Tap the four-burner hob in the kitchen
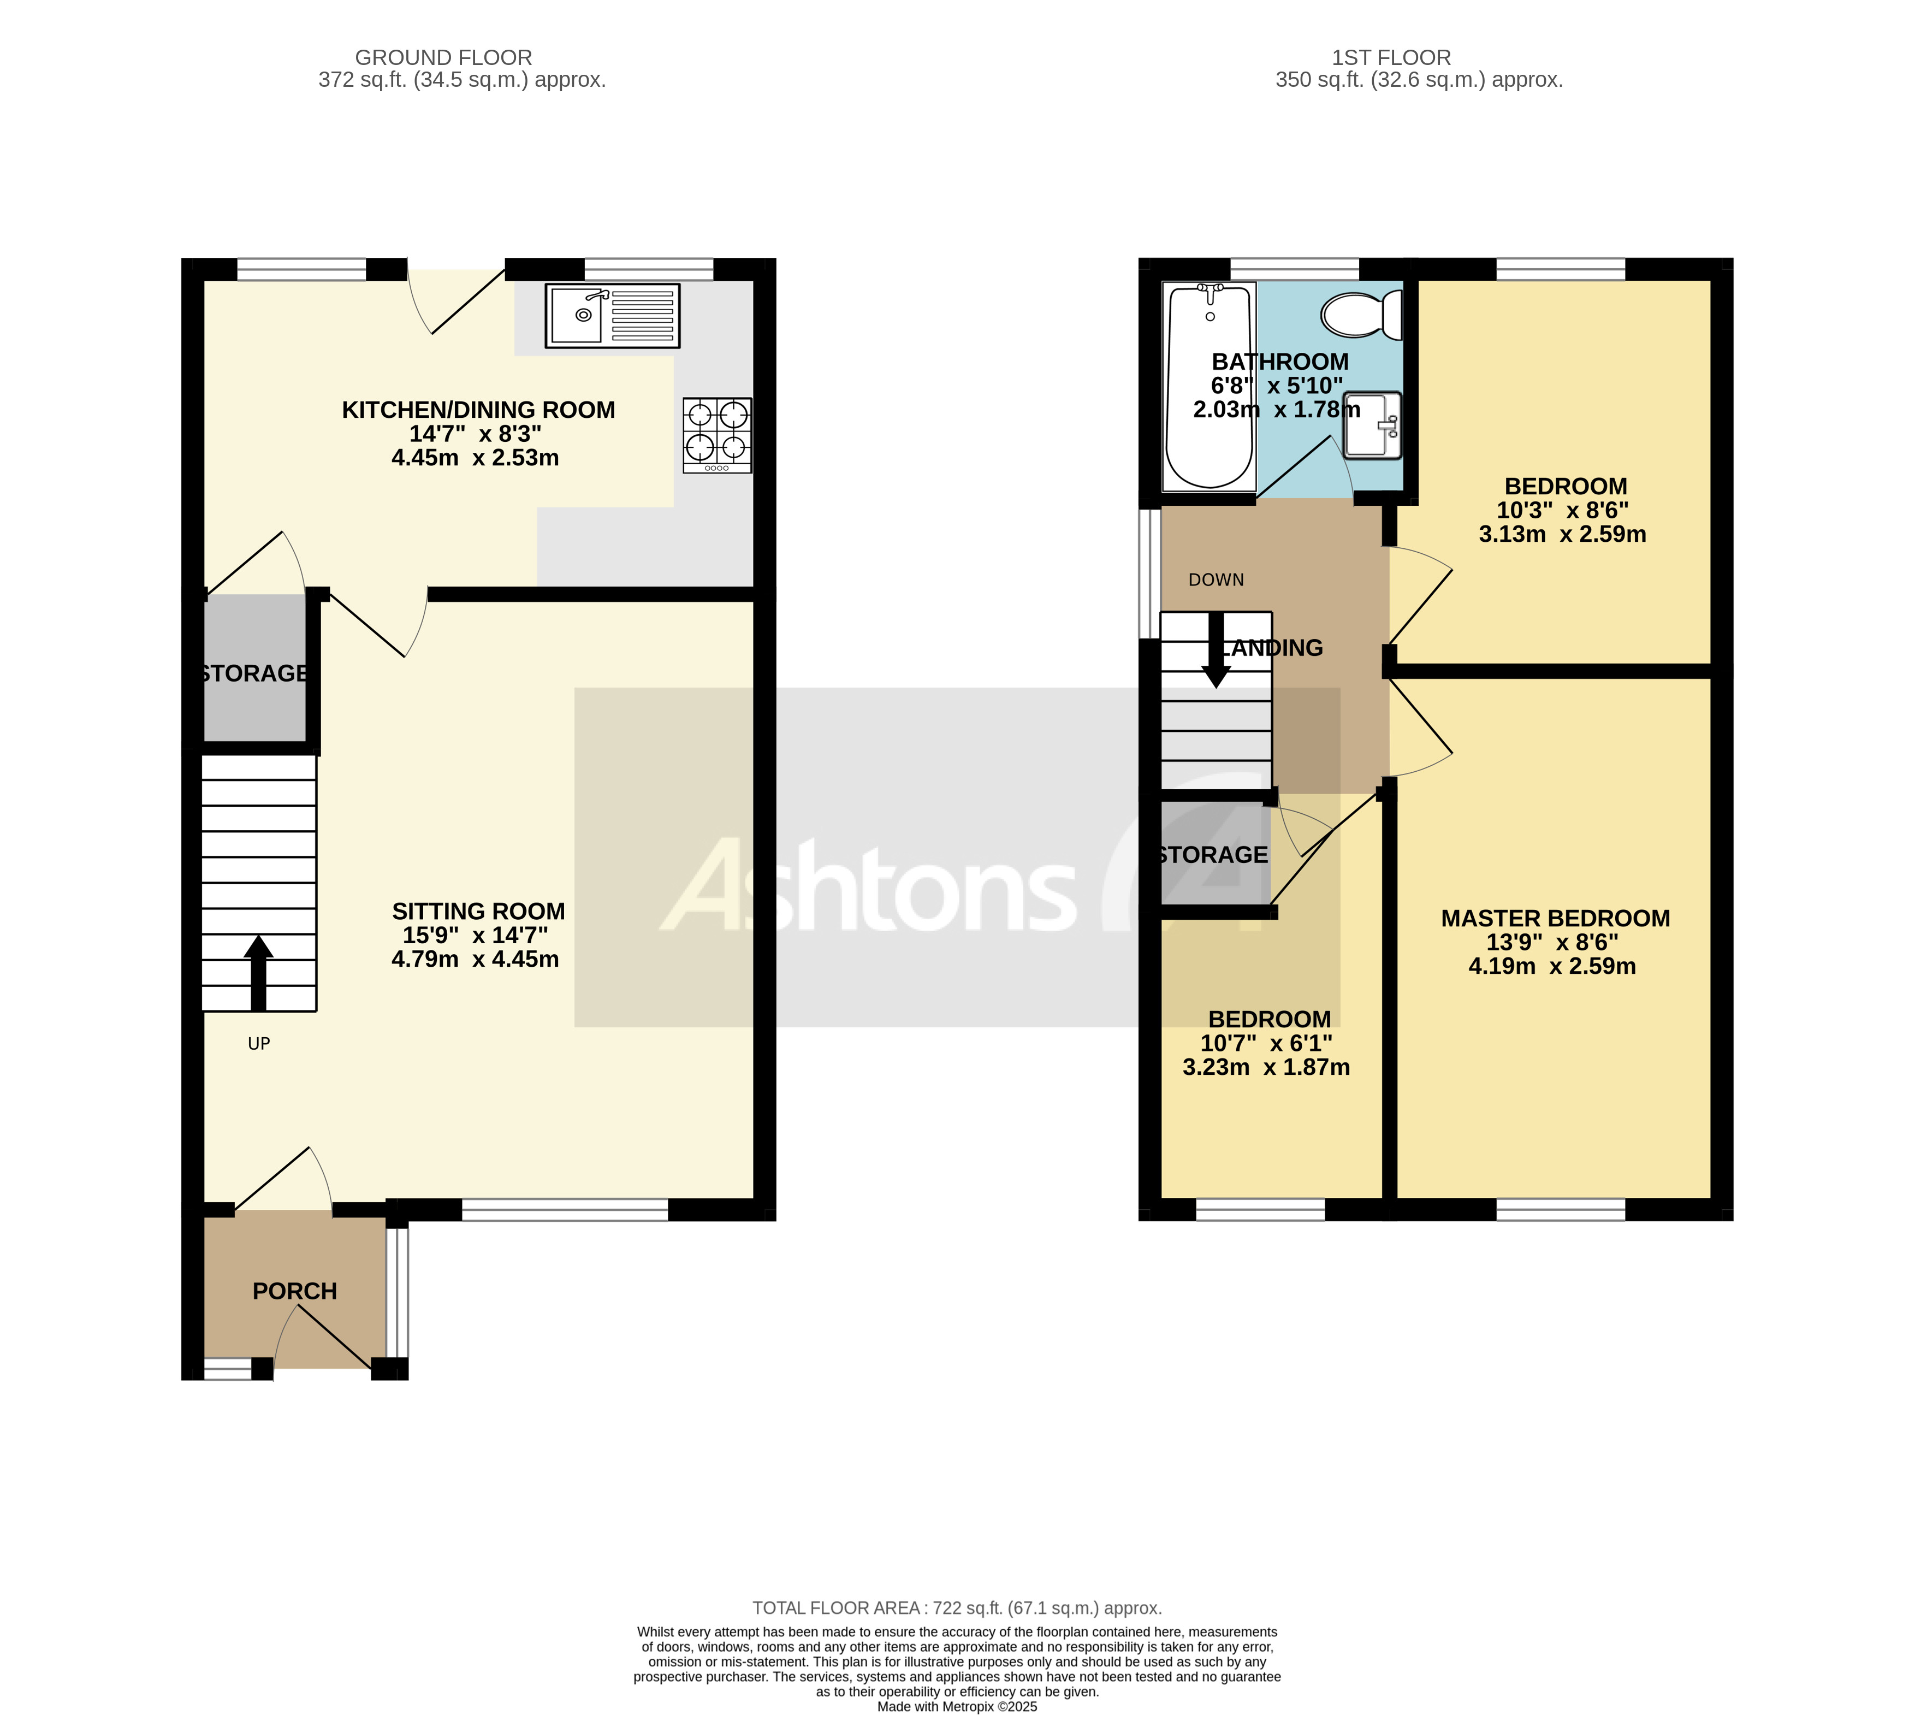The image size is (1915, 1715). pos(717,434)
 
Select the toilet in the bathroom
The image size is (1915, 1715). pos(1362,315)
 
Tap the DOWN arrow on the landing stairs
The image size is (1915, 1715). pos(1215,650)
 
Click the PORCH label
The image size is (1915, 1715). pos(295,1291)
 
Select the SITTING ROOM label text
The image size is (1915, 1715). pos(478,911)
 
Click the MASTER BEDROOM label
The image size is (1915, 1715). pos(1555,918)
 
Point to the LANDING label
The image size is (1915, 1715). pos(1273,648)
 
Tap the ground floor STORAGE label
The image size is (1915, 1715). pos(254,673)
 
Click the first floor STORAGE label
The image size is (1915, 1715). pos(1212,855)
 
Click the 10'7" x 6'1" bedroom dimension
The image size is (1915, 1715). pos(1266,1043)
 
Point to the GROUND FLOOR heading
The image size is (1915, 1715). pos(443,57)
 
